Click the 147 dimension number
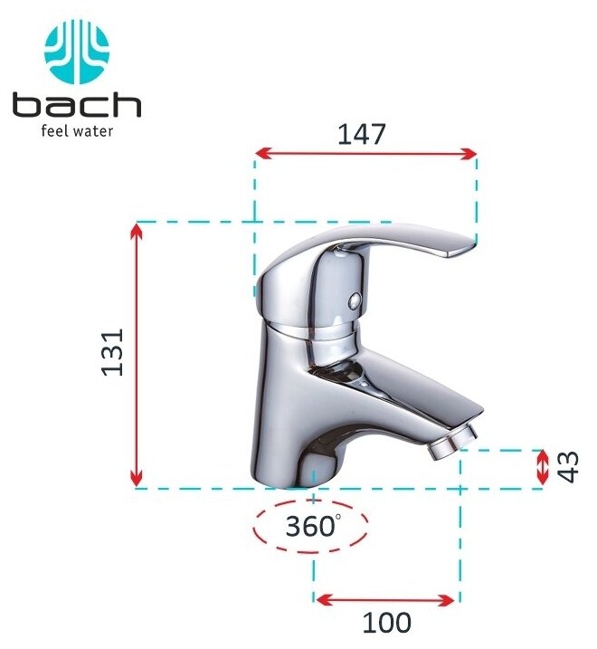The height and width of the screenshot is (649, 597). [362, 134]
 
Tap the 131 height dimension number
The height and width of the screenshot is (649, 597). [112, 352]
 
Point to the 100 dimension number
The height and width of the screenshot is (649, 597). [387, 622]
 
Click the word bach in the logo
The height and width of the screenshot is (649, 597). [77, 105]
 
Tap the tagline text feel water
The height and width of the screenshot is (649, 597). [77, 131]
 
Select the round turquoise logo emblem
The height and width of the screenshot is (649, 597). [77, 52]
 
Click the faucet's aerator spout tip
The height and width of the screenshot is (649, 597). [452, 444]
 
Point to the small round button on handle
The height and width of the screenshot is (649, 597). [354, 301]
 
